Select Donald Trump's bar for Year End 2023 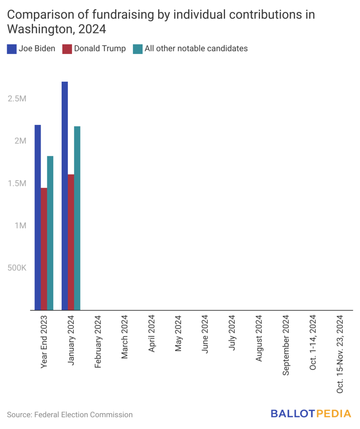[x=44, y=249]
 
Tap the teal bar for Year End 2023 [x=50, y=233]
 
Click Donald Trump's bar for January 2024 [x=71, y=242]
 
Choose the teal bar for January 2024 [x=77, y=218]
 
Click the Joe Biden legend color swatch [x=11, y=49]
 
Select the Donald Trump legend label [x=100, y=49]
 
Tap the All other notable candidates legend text [x=196, y=49]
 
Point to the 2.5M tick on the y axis [x=17, y=99]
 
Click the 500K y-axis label [x=17, y=268]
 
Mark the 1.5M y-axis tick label [x=17, y=183]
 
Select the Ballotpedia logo [x=311, y=414]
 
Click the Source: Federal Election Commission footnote [x=70, y=415]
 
